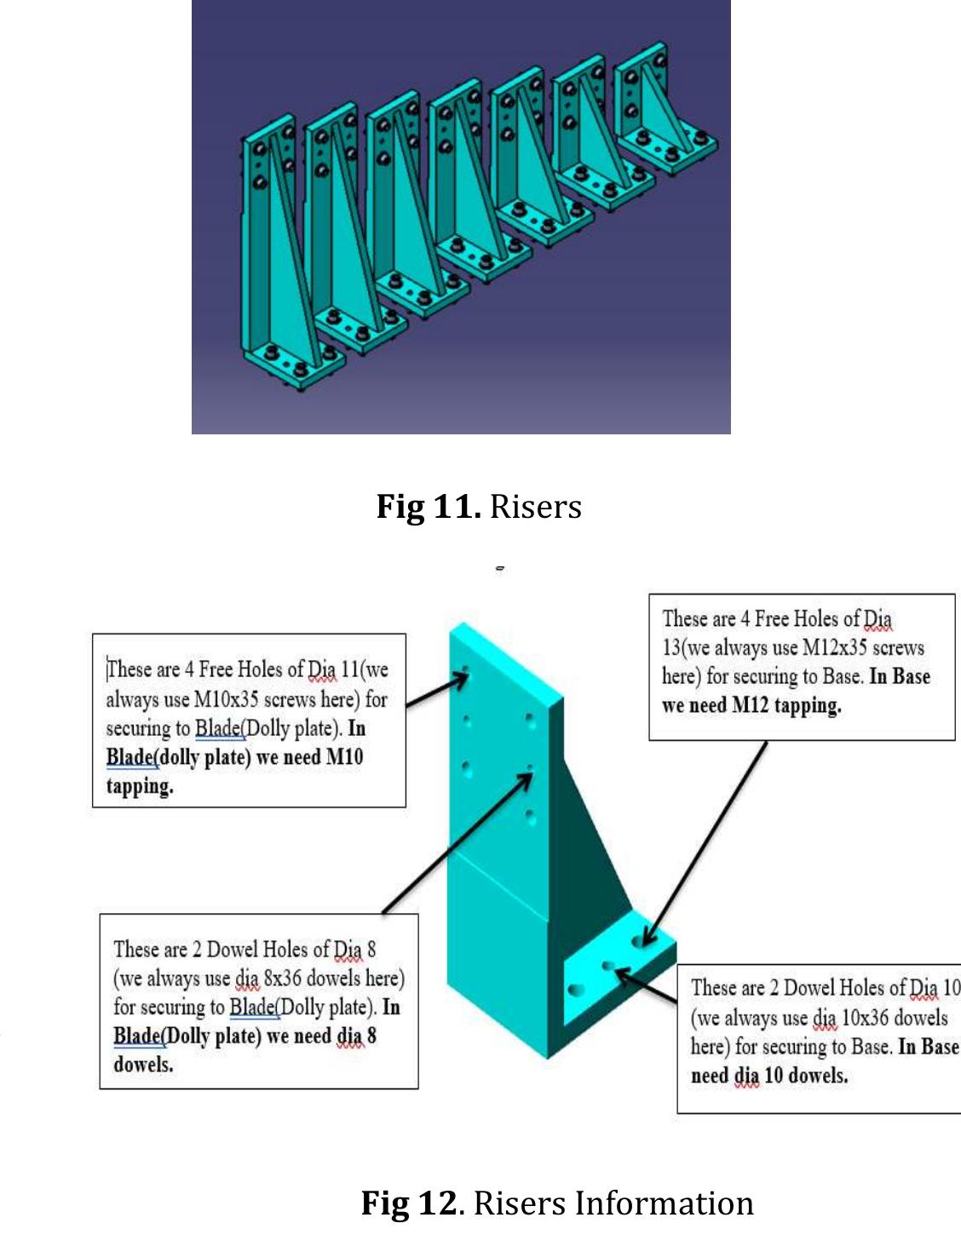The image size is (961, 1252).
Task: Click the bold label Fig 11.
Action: (x=429, y=506)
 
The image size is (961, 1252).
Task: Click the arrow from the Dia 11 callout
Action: (x=437, y=691)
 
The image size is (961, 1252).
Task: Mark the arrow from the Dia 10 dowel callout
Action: (x=647, y=985)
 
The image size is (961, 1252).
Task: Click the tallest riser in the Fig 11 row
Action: (x=273, y=256)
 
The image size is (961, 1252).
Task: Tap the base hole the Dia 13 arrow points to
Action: (x=639, y=941)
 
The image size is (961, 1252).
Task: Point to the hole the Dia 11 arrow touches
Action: (x=466, y=672)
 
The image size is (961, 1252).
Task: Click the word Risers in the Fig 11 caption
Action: (x=536, y=506)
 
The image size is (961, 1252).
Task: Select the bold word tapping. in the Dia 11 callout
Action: (x=140, y=786)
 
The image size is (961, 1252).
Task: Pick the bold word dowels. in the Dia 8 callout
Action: (x=143, y=1065)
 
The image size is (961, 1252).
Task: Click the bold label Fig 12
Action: (x=410, y=1203)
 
